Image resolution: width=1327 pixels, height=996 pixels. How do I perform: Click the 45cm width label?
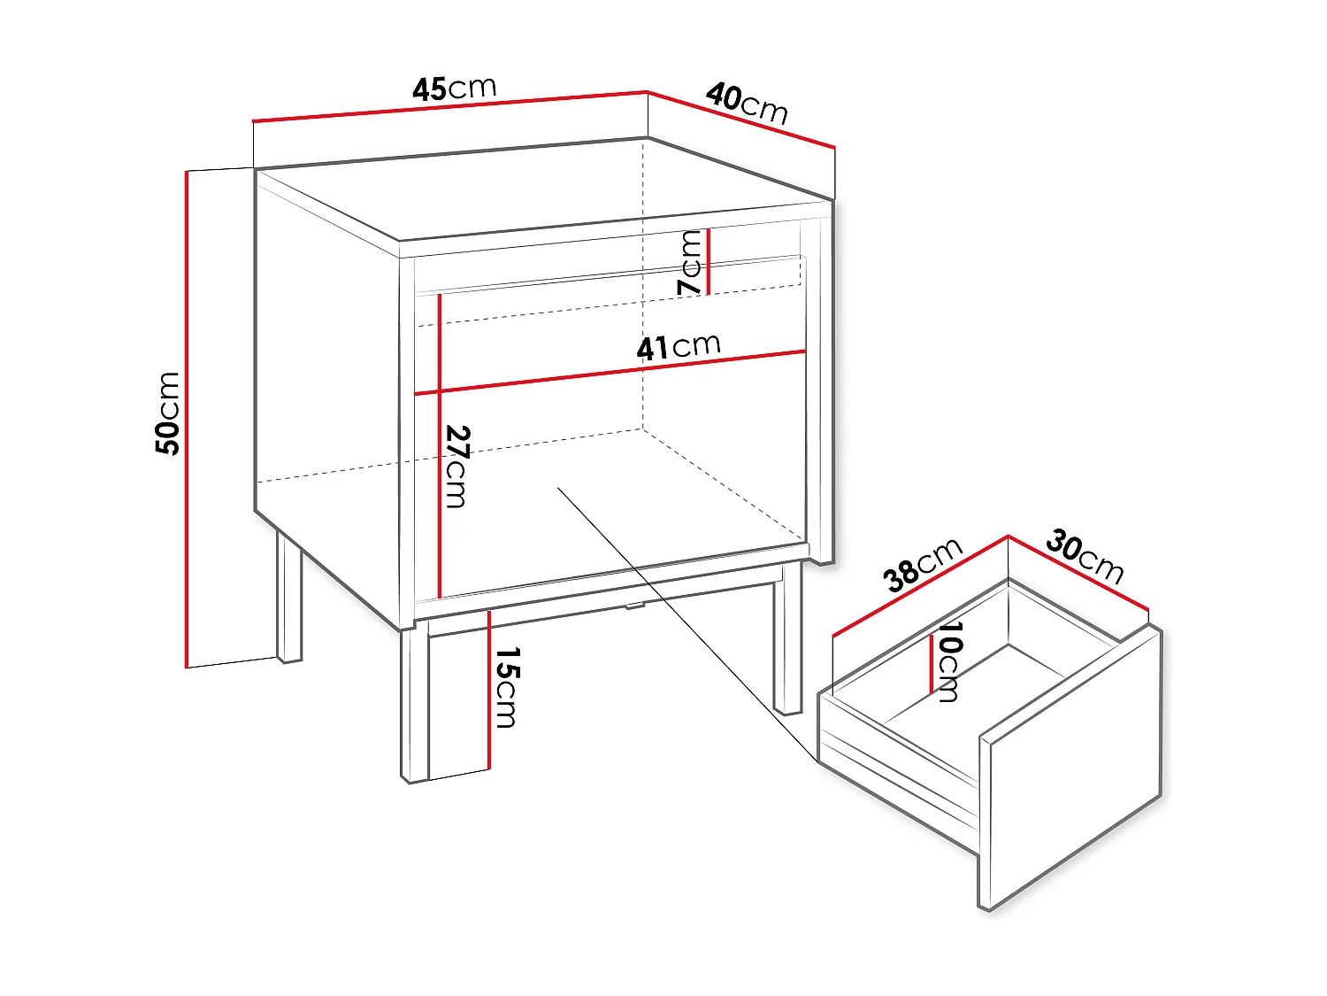[455, 89]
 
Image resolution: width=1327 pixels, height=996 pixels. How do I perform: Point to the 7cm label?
[690, 262]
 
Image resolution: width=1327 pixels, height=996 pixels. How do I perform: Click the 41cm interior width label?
[679, 347]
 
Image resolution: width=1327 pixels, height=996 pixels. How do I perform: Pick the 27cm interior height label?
[456, 467]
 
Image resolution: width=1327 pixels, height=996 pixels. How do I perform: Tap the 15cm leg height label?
[507, 687]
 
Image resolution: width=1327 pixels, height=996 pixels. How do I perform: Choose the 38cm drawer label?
[923, 565]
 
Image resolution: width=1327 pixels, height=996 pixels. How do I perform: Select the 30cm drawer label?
[1085, 556]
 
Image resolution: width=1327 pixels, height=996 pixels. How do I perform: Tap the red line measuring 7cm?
[709, 261]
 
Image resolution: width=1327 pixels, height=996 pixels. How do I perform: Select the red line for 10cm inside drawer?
[931, 663]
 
